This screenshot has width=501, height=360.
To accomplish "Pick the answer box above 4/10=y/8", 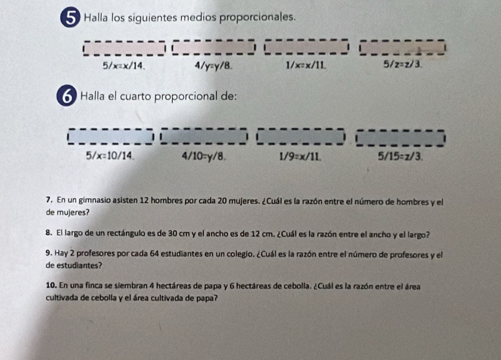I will click(x=204, y=136).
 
